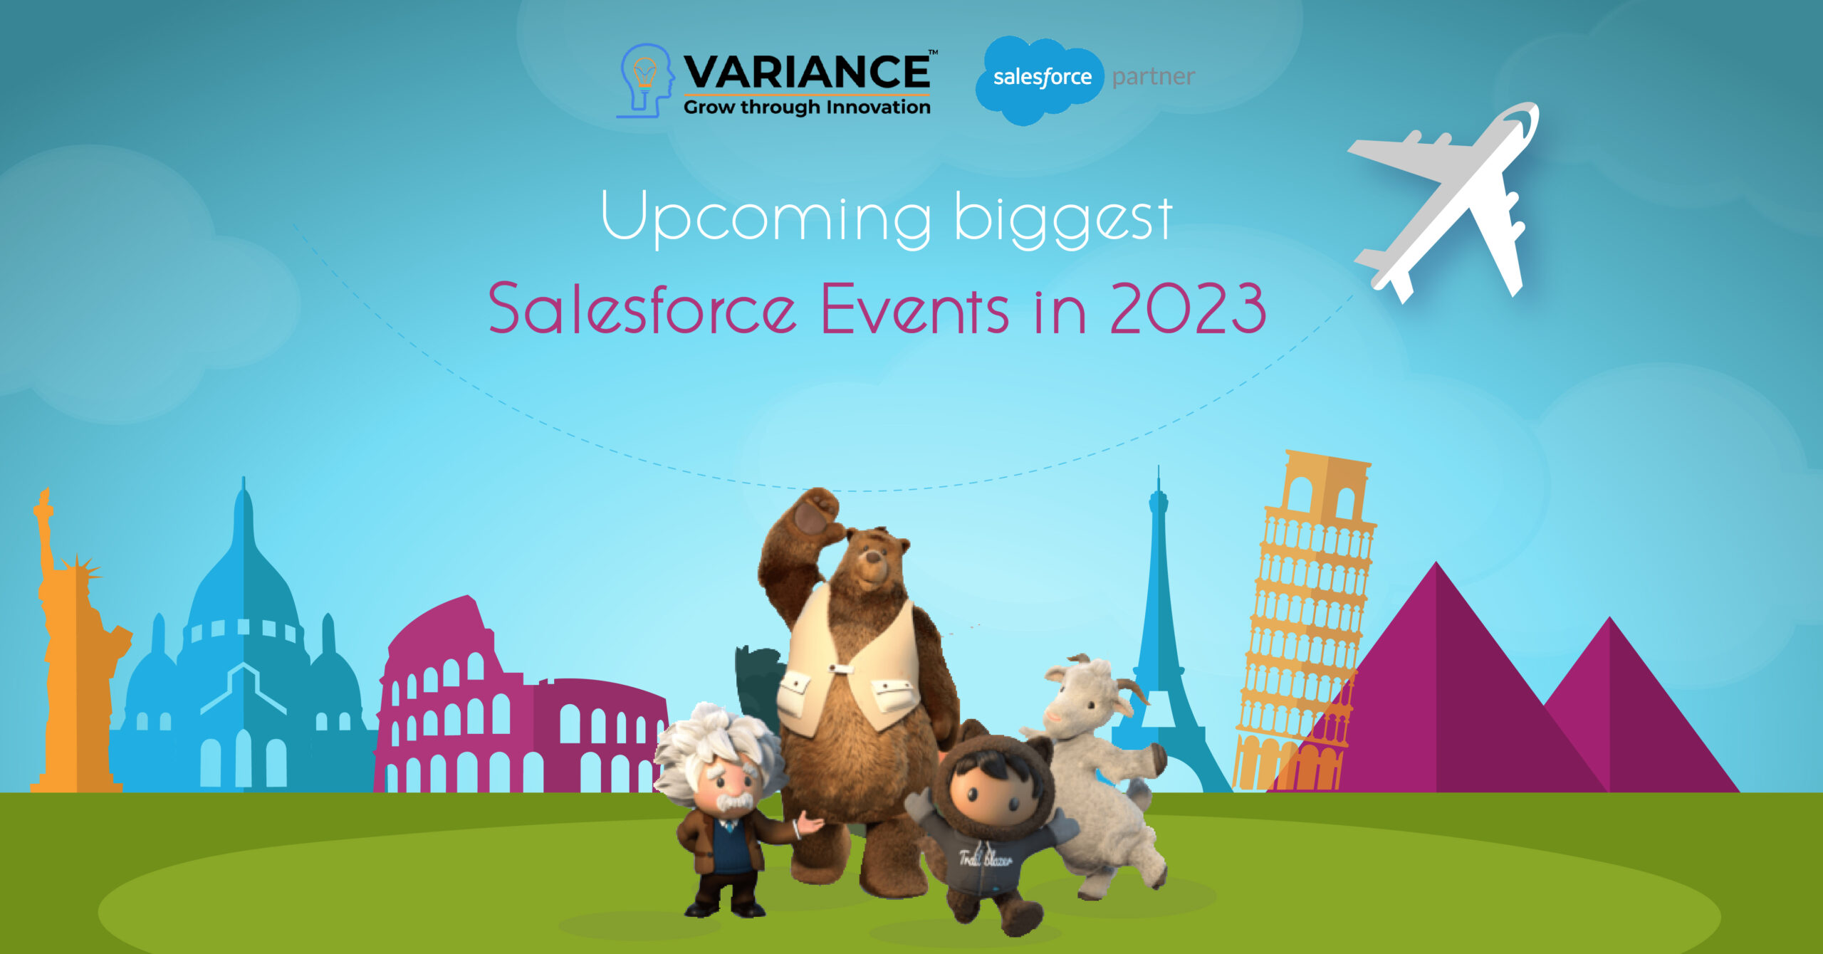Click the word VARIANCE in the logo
pyautogui.click(x=806, y=71)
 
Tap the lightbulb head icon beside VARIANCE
pyautogui.click(x=645, y=80)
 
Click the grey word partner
pyautogui.click(x=1153, y=77)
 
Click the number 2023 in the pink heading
pyautogui.click(x=1187, y=308)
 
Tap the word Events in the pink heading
pyautogui.click(x=914, y=308)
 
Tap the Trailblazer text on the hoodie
pyautogui.click(x=985, y=859)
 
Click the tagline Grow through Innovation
pyautogui.click(x=807, y=108)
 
